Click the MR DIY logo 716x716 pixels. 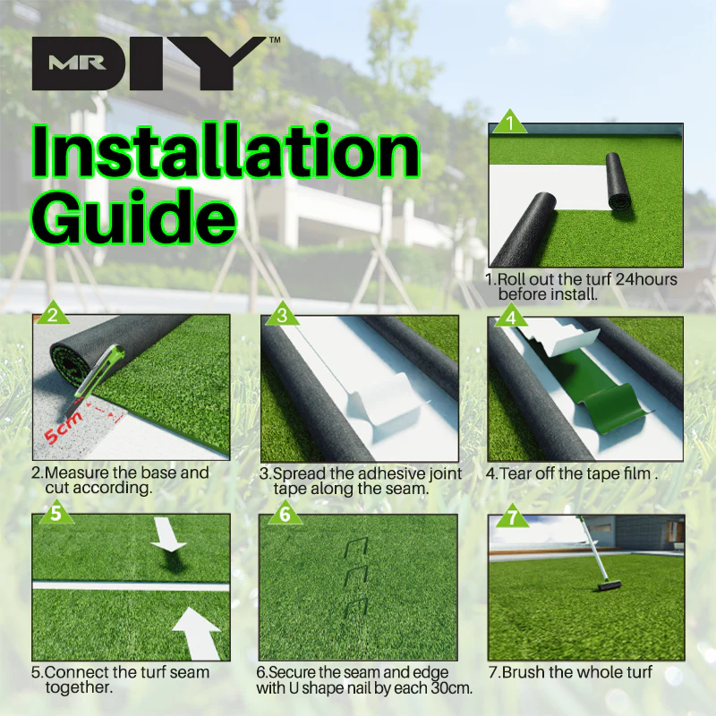[154, 63]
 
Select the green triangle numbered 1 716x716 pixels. [509, 124]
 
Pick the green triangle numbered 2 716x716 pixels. [53, 315]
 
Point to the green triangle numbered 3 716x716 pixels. [282, 315]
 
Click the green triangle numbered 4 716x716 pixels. [510, 317]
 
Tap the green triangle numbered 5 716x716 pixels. [56, 513]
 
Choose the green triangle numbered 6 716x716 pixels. [285, 514]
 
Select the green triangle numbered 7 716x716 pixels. [512, 517]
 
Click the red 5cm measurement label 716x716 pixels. [64, 428]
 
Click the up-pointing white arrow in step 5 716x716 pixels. [197, 634]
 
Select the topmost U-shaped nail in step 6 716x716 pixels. [355, 547]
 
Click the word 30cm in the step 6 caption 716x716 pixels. [452, 687]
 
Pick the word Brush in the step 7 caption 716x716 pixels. [524, 672]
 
